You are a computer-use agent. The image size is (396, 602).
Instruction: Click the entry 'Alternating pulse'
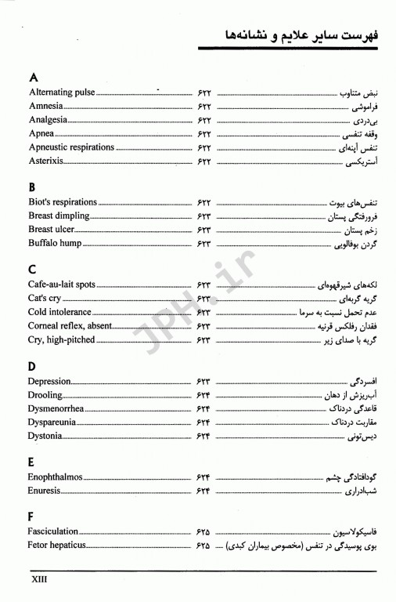(x=61, y=92)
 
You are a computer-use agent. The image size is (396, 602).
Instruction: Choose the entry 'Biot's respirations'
(x=64, y=202)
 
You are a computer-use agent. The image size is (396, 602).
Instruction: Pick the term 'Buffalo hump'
(x=55, y=244)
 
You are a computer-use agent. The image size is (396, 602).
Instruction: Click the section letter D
(x=32, y=366)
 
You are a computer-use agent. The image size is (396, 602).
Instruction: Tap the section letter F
(x=31, y=517)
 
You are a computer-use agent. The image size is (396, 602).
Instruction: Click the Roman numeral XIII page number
(x=40, y=581)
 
